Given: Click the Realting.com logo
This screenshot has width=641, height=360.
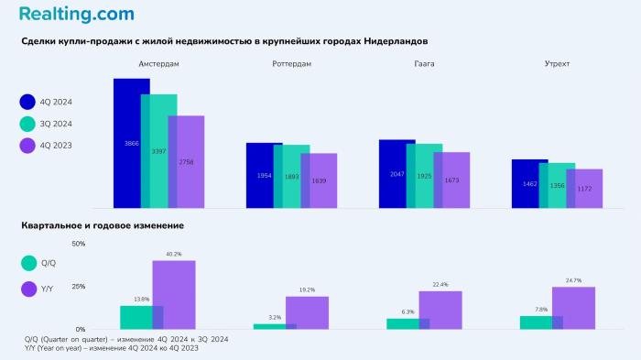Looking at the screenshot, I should (76, 14).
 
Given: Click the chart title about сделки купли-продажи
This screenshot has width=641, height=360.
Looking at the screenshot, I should (224, 42).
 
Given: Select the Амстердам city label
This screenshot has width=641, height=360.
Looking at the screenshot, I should (158, 64).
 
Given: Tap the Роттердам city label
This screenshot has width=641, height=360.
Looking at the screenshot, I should (291, 64).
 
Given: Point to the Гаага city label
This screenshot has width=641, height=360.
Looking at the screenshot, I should (424, 64).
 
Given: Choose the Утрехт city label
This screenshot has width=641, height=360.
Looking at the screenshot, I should (557, 64).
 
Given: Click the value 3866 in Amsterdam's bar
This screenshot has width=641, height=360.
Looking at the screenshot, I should (132, 144).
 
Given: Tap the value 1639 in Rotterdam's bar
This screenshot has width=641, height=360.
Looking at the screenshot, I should (319, 180).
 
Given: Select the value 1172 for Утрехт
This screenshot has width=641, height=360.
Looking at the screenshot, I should (584, 189).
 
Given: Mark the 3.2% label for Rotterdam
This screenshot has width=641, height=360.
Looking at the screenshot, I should (275, 317).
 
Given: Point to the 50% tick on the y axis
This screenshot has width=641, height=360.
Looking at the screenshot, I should (78, 244).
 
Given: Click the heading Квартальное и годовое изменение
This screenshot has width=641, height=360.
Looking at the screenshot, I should (103, 225).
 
